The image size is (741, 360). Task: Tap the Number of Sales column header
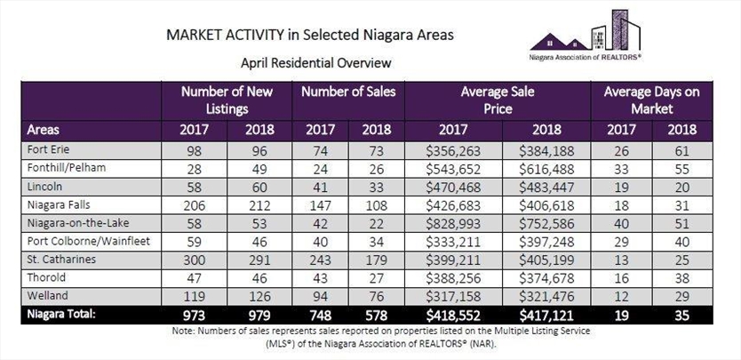(x=351, y=92)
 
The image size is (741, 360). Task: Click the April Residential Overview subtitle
(x=316, y=63)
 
